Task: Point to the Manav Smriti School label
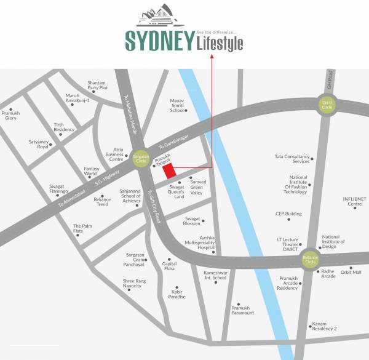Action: pyautogui.click(x=177, y=106)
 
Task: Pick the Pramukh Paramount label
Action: pyautogui.click(x=242, y=310)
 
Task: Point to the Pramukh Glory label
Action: pyautogui.click(x=10, y=115)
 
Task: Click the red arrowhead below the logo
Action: pyautogui.click(x=212, y=57)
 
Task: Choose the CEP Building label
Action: pyautogui.click(x=288, y=214)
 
